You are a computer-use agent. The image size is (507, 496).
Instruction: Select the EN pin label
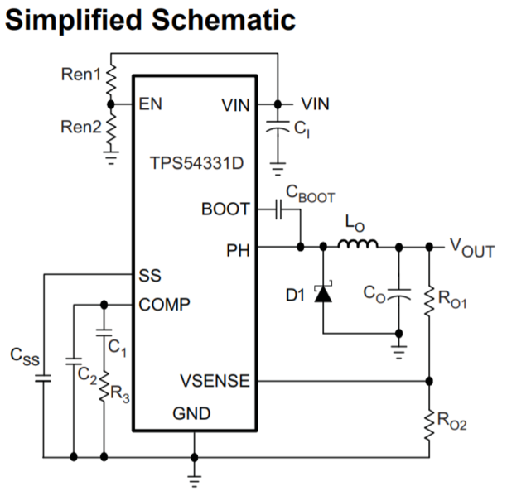(x=152, y=104)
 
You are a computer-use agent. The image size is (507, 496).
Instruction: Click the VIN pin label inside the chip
(x=237, y=105)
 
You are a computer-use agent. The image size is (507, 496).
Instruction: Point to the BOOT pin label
(x=225, y=209)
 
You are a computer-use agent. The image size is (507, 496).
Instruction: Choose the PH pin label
(x=239, y=248)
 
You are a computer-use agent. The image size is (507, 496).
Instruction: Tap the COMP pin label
(x=165, y=305)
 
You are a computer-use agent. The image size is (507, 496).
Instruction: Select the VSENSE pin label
(x=214, y=381)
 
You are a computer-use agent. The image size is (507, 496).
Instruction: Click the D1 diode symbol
(x=323, y=293)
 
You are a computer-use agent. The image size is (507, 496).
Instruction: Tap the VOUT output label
(x=471, y=248)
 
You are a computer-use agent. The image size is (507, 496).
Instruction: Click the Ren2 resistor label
(x=80, y=127)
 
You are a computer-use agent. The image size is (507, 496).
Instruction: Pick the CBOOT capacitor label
(x=310, y=195)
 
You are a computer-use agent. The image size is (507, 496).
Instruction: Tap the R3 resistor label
(x=123, y=397)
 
